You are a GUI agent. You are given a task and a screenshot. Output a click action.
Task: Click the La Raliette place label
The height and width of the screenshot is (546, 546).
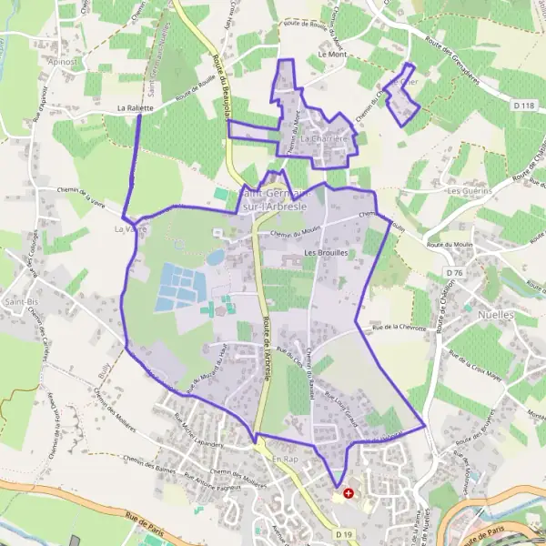[135, 107]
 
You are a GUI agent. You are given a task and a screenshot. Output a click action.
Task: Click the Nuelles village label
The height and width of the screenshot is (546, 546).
[496, 315]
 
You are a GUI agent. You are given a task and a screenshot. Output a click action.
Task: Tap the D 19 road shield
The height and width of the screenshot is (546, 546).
[342, 534]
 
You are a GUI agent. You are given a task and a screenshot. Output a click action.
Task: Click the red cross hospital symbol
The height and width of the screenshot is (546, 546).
[348, 492]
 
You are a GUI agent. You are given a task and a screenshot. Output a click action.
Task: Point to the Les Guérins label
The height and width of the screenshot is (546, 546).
[469, 191]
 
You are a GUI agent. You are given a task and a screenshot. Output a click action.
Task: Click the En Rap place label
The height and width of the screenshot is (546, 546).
[285, 460]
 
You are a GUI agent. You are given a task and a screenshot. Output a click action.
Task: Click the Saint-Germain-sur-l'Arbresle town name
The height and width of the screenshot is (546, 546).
[278, 197]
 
